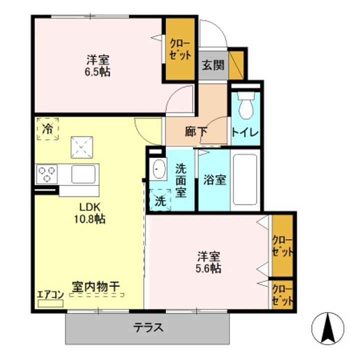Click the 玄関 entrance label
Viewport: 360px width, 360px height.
tap(213, 65)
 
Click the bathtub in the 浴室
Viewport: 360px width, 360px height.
tap(245, 179)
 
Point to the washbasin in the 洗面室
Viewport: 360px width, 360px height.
tap(158, 169)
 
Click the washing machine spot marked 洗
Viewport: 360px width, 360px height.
tap(159, 201)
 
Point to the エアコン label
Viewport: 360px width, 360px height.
tap(50, 294)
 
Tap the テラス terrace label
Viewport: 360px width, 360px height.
tap(148, 328)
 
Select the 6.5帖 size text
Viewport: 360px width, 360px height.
tap(98, 71)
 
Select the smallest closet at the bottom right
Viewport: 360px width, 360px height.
tap(282, 294)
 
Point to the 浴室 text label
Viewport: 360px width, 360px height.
tap(214, 180)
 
